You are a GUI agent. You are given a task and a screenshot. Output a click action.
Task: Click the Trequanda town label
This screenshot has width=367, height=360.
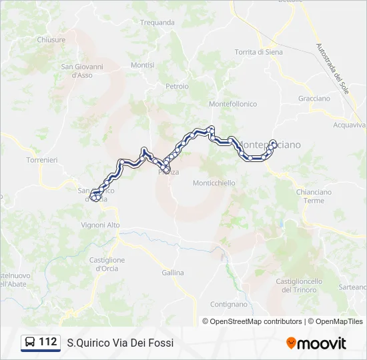(x=157, y=22)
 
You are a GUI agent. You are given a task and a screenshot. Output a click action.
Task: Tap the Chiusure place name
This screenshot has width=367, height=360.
(x=51, y=40)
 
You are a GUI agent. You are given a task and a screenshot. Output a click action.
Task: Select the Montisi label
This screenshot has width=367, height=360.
(x=143, y=65)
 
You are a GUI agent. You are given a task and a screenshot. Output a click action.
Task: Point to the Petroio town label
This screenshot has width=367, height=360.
(x=177, y=86)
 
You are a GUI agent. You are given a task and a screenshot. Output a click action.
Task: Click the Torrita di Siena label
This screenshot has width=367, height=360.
(x=258, y=52)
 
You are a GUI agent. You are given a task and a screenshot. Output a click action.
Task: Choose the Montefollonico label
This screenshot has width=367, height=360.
(x=233, y=104)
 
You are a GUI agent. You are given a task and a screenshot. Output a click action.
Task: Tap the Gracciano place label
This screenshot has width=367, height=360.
(x=314, y=99)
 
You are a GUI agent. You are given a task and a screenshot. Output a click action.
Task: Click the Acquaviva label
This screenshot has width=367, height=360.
(x=349, y=125)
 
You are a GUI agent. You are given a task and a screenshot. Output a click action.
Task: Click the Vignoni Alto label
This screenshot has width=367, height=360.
(x=101, y=225)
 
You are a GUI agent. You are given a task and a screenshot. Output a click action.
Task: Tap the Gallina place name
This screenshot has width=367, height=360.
(x=173, y=273)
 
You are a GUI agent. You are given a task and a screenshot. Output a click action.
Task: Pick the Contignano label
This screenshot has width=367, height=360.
(x=229, y=304)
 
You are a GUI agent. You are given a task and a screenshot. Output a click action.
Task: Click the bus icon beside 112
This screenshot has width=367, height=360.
(x=31, y=343)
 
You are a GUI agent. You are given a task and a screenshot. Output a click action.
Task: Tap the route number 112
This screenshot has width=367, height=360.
(x=48, y=342)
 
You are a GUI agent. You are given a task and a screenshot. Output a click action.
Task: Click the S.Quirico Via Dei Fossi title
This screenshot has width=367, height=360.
(x=120, y=343)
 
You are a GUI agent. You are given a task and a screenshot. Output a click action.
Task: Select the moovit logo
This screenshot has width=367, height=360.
(x=316, y=343)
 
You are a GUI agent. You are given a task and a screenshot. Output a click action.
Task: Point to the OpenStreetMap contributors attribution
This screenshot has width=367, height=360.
(x=252, y=321)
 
